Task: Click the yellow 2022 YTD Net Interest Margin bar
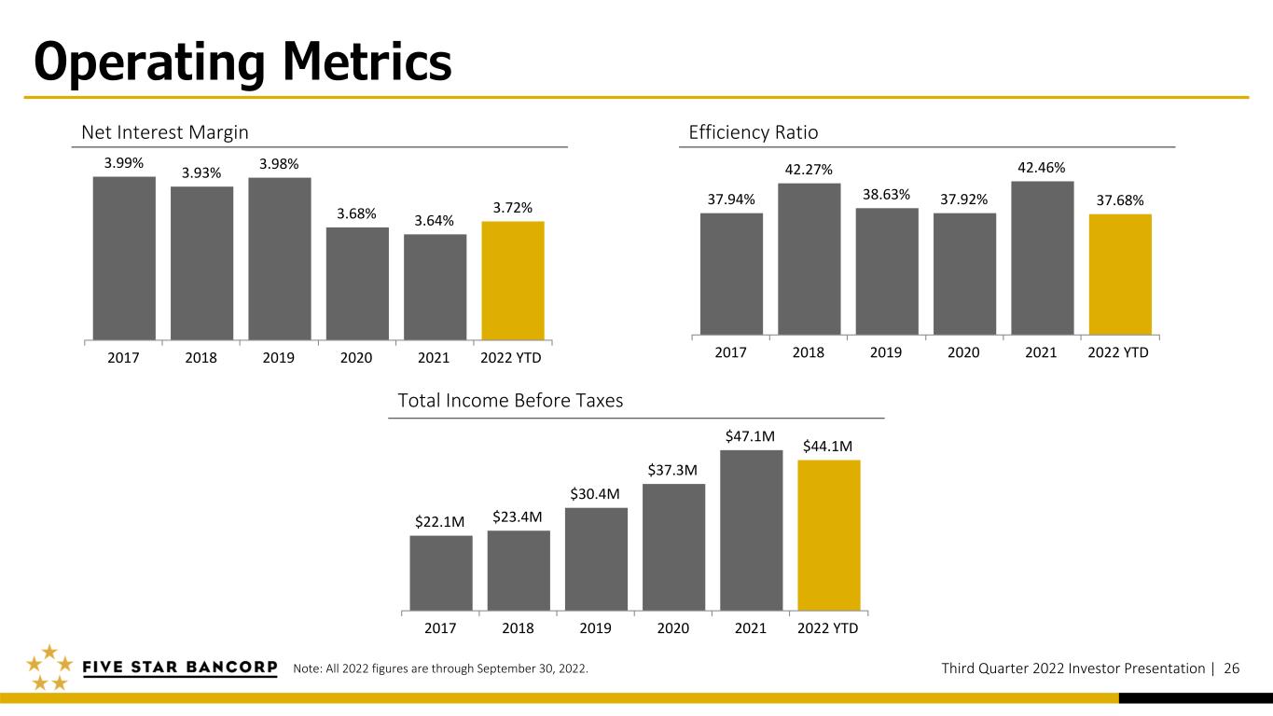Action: tap(513, 281)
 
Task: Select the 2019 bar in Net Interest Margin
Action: tap(280, 259)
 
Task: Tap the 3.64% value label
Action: tap(435, 220)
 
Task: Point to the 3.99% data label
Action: tap(124, 163)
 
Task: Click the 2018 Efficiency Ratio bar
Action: tap(809, 258)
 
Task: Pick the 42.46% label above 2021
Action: tap(1041, 168)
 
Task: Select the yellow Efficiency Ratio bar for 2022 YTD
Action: tap(1120, 274)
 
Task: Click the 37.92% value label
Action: tap(964, 200)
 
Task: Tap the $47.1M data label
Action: tap(750, 436)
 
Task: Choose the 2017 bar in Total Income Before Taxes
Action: tap(441, 572)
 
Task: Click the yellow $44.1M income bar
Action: tap(829, 535)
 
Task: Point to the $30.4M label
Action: tap(595, 494)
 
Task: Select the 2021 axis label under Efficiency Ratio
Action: tap(1041, 352)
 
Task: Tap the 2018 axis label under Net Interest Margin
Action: tap(201, 358)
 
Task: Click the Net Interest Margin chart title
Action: tap(165, 132)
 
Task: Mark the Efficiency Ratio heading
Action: tap(754, 132)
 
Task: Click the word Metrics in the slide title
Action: tap(367, 62)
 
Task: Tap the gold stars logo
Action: tap(49, 668)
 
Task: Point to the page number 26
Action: tap(1232, 668)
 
